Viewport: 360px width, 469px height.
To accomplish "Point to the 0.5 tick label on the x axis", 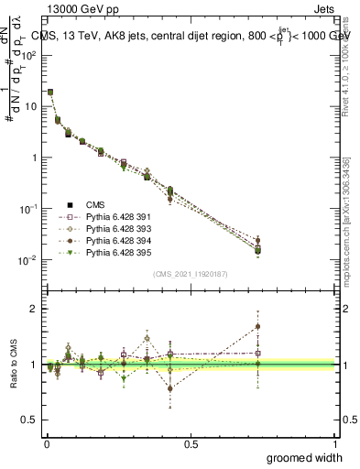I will [x=191, y=443].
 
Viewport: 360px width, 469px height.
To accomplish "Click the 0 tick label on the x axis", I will [x=46, y=443].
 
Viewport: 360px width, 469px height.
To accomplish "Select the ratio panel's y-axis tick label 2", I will [x=34, y=308].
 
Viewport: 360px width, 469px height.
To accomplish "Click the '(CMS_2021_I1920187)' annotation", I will [x=190, y=273].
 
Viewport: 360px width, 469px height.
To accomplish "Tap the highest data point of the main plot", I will [x=49, y=92].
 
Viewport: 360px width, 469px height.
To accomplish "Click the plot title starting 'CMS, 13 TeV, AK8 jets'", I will [x=192, y=36].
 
